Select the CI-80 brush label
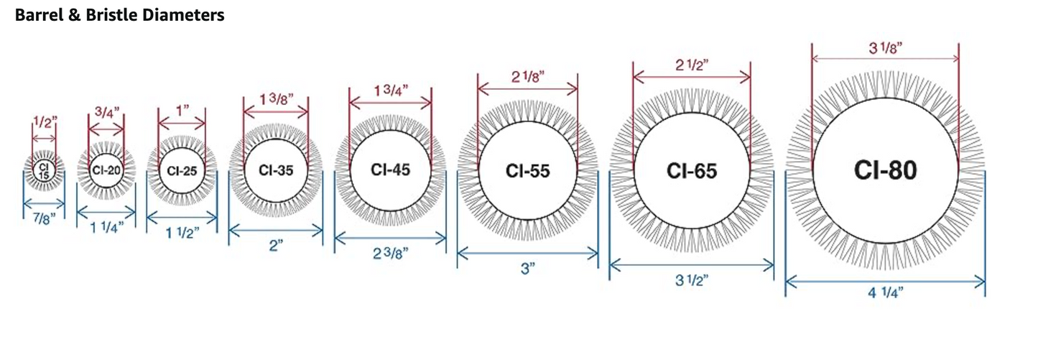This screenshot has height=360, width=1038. pyautogui.click(x=885, y=170)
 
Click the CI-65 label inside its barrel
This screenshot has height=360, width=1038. pyautogui.click(x=691, y=171)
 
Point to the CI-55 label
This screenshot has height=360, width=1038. pyautogui.click(x=527, y=171)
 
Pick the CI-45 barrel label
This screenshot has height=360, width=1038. pyautogui.click(x=390, y=170)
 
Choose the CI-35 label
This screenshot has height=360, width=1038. pyautogui.click(x=276, y=170)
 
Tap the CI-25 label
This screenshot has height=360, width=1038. pyautogui.click(x=182, y=171)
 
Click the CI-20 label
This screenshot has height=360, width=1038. pyautogui.click(x=106, y=170)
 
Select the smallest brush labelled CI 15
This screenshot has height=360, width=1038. pyautogui.click(x=44, y=171)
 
